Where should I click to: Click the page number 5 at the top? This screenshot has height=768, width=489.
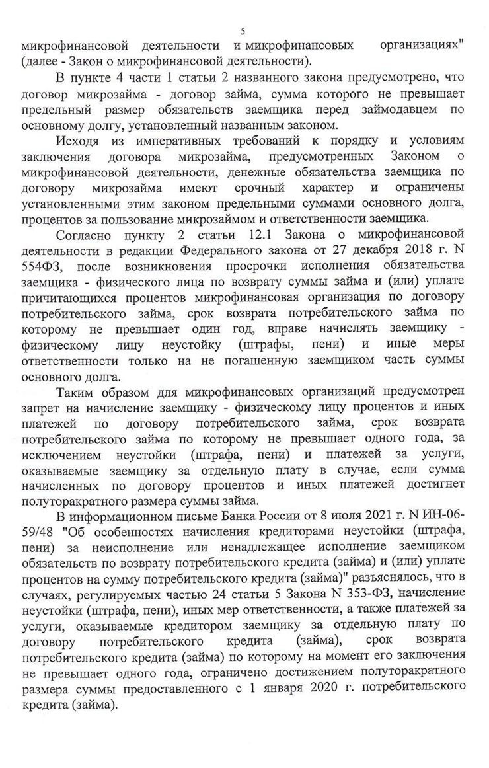pyautogui.click(x=244, y=31)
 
